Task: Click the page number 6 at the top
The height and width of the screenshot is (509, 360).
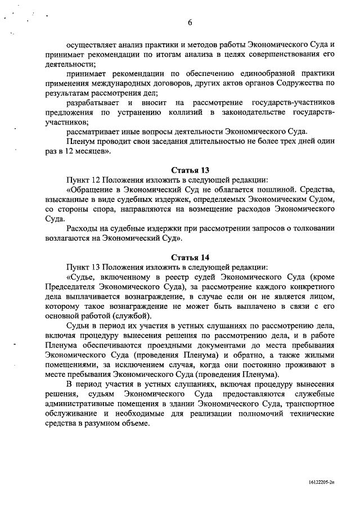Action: point(190,23)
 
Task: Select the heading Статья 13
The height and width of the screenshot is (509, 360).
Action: point(190,170)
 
